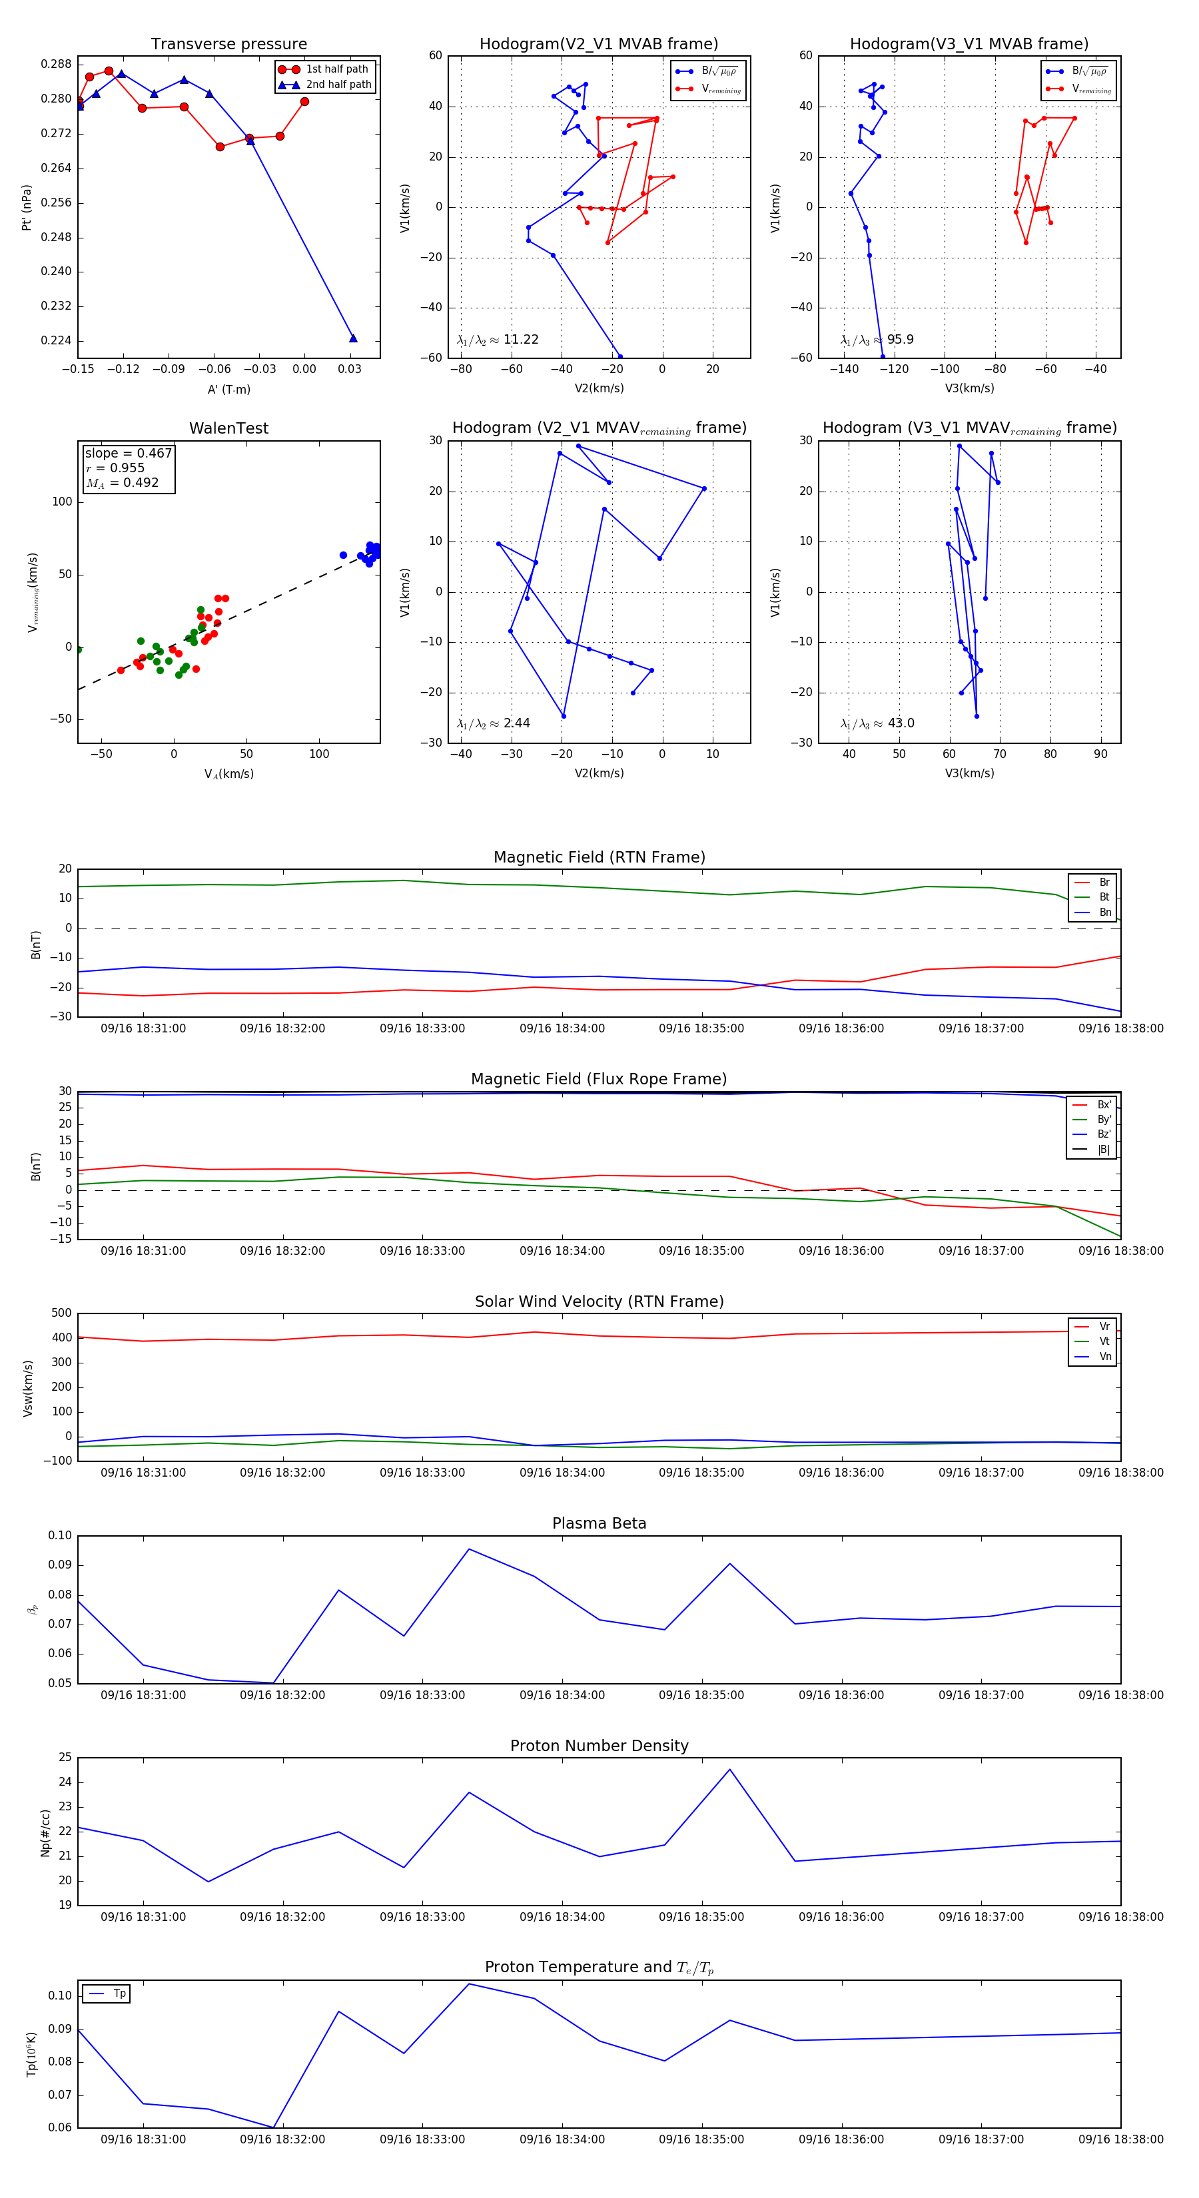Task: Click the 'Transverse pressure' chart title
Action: [228, 45]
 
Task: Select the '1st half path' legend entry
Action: [336, 69]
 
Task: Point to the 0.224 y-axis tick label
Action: [57, 340]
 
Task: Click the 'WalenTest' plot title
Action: [228, 428]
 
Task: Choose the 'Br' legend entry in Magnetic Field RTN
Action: [1104, 883]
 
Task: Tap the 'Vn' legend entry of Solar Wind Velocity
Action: [1104, 1357]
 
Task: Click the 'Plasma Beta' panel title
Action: [599, 1524]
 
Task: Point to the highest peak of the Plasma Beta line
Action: [468, 1549]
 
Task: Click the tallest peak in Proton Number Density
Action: [729, 1770]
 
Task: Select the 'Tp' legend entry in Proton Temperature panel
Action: [119, 1994]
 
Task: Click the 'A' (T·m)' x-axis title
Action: [228, 390]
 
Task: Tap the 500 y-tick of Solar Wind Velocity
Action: [61, 1313]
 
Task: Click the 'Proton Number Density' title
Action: [599, 1746]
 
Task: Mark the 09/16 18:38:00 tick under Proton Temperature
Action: [1120, 2139]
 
